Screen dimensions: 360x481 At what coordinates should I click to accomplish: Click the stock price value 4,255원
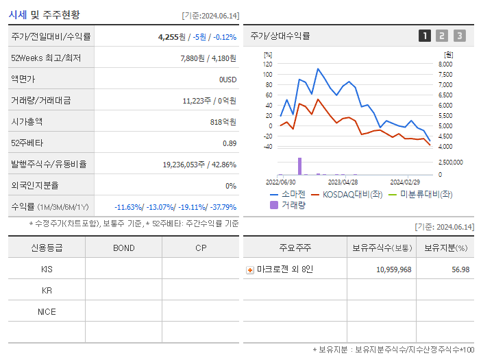[172, 36]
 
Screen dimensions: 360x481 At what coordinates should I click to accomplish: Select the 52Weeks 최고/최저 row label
[46, 58]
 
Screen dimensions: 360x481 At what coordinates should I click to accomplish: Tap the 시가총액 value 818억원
[223, 121]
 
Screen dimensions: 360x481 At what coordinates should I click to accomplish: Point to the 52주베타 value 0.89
[229, 143]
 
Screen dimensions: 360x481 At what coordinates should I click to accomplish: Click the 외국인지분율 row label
[35, 185]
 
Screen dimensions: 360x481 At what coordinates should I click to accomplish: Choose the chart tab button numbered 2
[442, 36]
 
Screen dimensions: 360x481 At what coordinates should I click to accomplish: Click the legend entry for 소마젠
[288, 194]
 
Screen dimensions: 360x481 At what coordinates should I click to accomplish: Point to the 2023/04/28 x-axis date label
[343, 182]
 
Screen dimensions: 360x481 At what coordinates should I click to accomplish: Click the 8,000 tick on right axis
[445, 64]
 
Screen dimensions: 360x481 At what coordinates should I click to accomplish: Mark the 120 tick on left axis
[267, 64]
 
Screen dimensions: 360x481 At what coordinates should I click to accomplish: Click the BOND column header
[123, 248]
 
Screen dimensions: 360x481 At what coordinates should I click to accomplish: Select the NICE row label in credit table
[47, 311]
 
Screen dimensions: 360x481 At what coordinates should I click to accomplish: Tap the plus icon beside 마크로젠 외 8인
[250, 269]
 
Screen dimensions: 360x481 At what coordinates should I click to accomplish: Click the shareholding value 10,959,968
[394, 269]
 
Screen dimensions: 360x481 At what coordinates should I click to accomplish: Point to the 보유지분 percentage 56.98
[461, 269]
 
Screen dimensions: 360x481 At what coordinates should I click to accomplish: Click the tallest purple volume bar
[299, 166]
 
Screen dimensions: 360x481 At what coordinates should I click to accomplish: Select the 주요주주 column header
[295, 248]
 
